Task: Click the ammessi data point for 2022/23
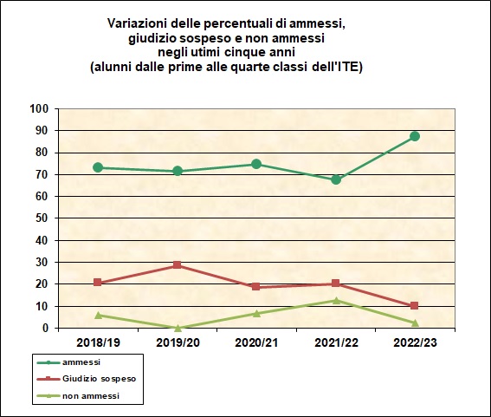click(415, 136)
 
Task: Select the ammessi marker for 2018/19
click(98, 167)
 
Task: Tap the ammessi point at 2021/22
click(336, 179)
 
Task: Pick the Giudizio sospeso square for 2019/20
click(177, 265)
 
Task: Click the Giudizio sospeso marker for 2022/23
click(415, 305)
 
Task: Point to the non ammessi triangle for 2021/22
click(336, 300)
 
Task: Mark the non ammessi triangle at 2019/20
click(177, 328)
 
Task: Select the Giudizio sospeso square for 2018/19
click(98, 283)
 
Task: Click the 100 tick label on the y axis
click(38, 108)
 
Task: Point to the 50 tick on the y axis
click(41, 218)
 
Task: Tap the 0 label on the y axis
click(44, 329)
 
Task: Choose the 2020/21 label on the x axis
click(256, 342)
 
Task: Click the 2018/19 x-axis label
click(98, 342)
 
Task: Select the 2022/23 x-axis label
click(415, 342)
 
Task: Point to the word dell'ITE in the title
click(338, 66)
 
